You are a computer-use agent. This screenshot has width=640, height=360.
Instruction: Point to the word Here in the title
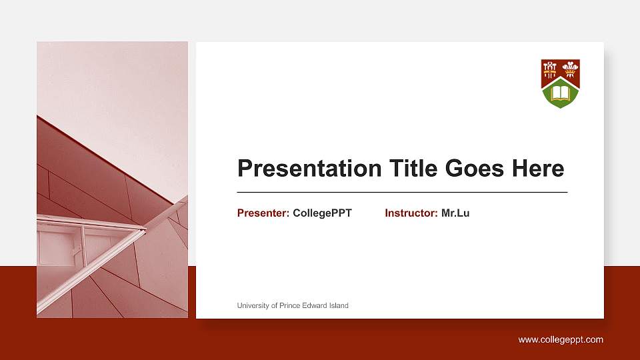click(x=537, y=169)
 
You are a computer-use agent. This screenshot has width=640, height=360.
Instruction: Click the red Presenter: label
click(x=263, y=213)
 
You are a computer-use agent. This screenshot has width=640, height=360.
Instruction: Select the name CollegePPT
click(x=322, y=213)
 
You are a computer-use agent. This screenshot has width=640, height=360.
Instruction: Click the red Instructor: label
click(x=411, y=213)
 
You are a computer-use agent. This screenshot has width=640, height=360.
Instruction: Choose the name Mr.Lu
click(x=455, y=213)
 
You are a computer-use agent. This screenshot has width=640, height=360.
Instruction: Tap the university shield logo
click(x=560, y=83)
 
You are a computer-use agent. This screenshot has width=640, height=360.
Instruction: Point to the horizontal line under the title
click(x=402, y=192)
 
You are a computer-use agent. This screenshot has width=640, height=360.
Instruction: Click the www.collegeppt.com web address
click(x=561, y=340)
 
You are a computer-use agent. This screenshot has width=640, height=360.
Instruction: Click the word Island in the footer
click(x=338, y=305)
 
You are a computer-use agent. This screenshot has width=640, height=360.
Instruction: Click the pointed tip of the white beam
click(x=145, y=229)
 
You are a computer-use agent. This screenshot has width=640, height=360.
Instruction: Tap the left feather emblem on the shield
click(x=550, y=67)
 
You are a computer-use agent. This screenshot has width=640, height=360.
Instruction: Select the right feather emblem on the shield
click(x=570, y=67)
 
